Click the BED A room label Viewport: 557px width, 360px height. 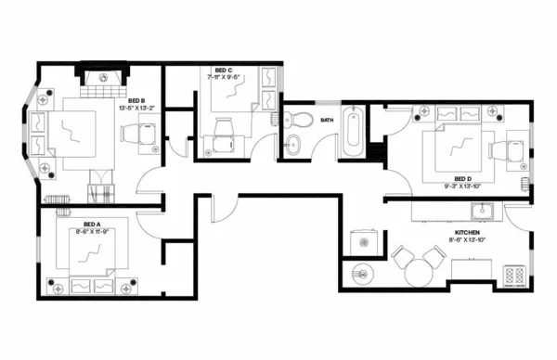[91, 224]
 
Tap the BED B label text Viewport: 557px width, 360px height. [136, 100]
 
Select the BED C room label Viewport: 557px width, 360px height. [223, 70]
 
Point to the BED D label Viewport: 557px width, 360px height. [462, 179]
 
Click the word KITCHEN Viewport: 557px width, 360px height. [467, 232]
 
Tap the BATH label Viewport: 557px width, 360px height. [327, 120]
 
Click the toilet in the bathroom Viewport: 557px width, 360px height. [298, 119]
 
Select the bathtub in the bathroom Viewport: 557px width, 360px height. [352, 132]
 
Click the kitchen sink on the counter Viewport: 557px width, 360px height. [479, 209]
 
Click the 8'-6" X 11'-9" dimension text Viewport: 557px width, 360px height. [91, 232]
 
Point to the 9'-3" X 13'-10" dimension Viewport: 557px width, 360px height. [462, 187]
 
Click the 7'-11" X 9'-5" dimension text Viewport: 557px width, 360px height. [223, 78]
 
